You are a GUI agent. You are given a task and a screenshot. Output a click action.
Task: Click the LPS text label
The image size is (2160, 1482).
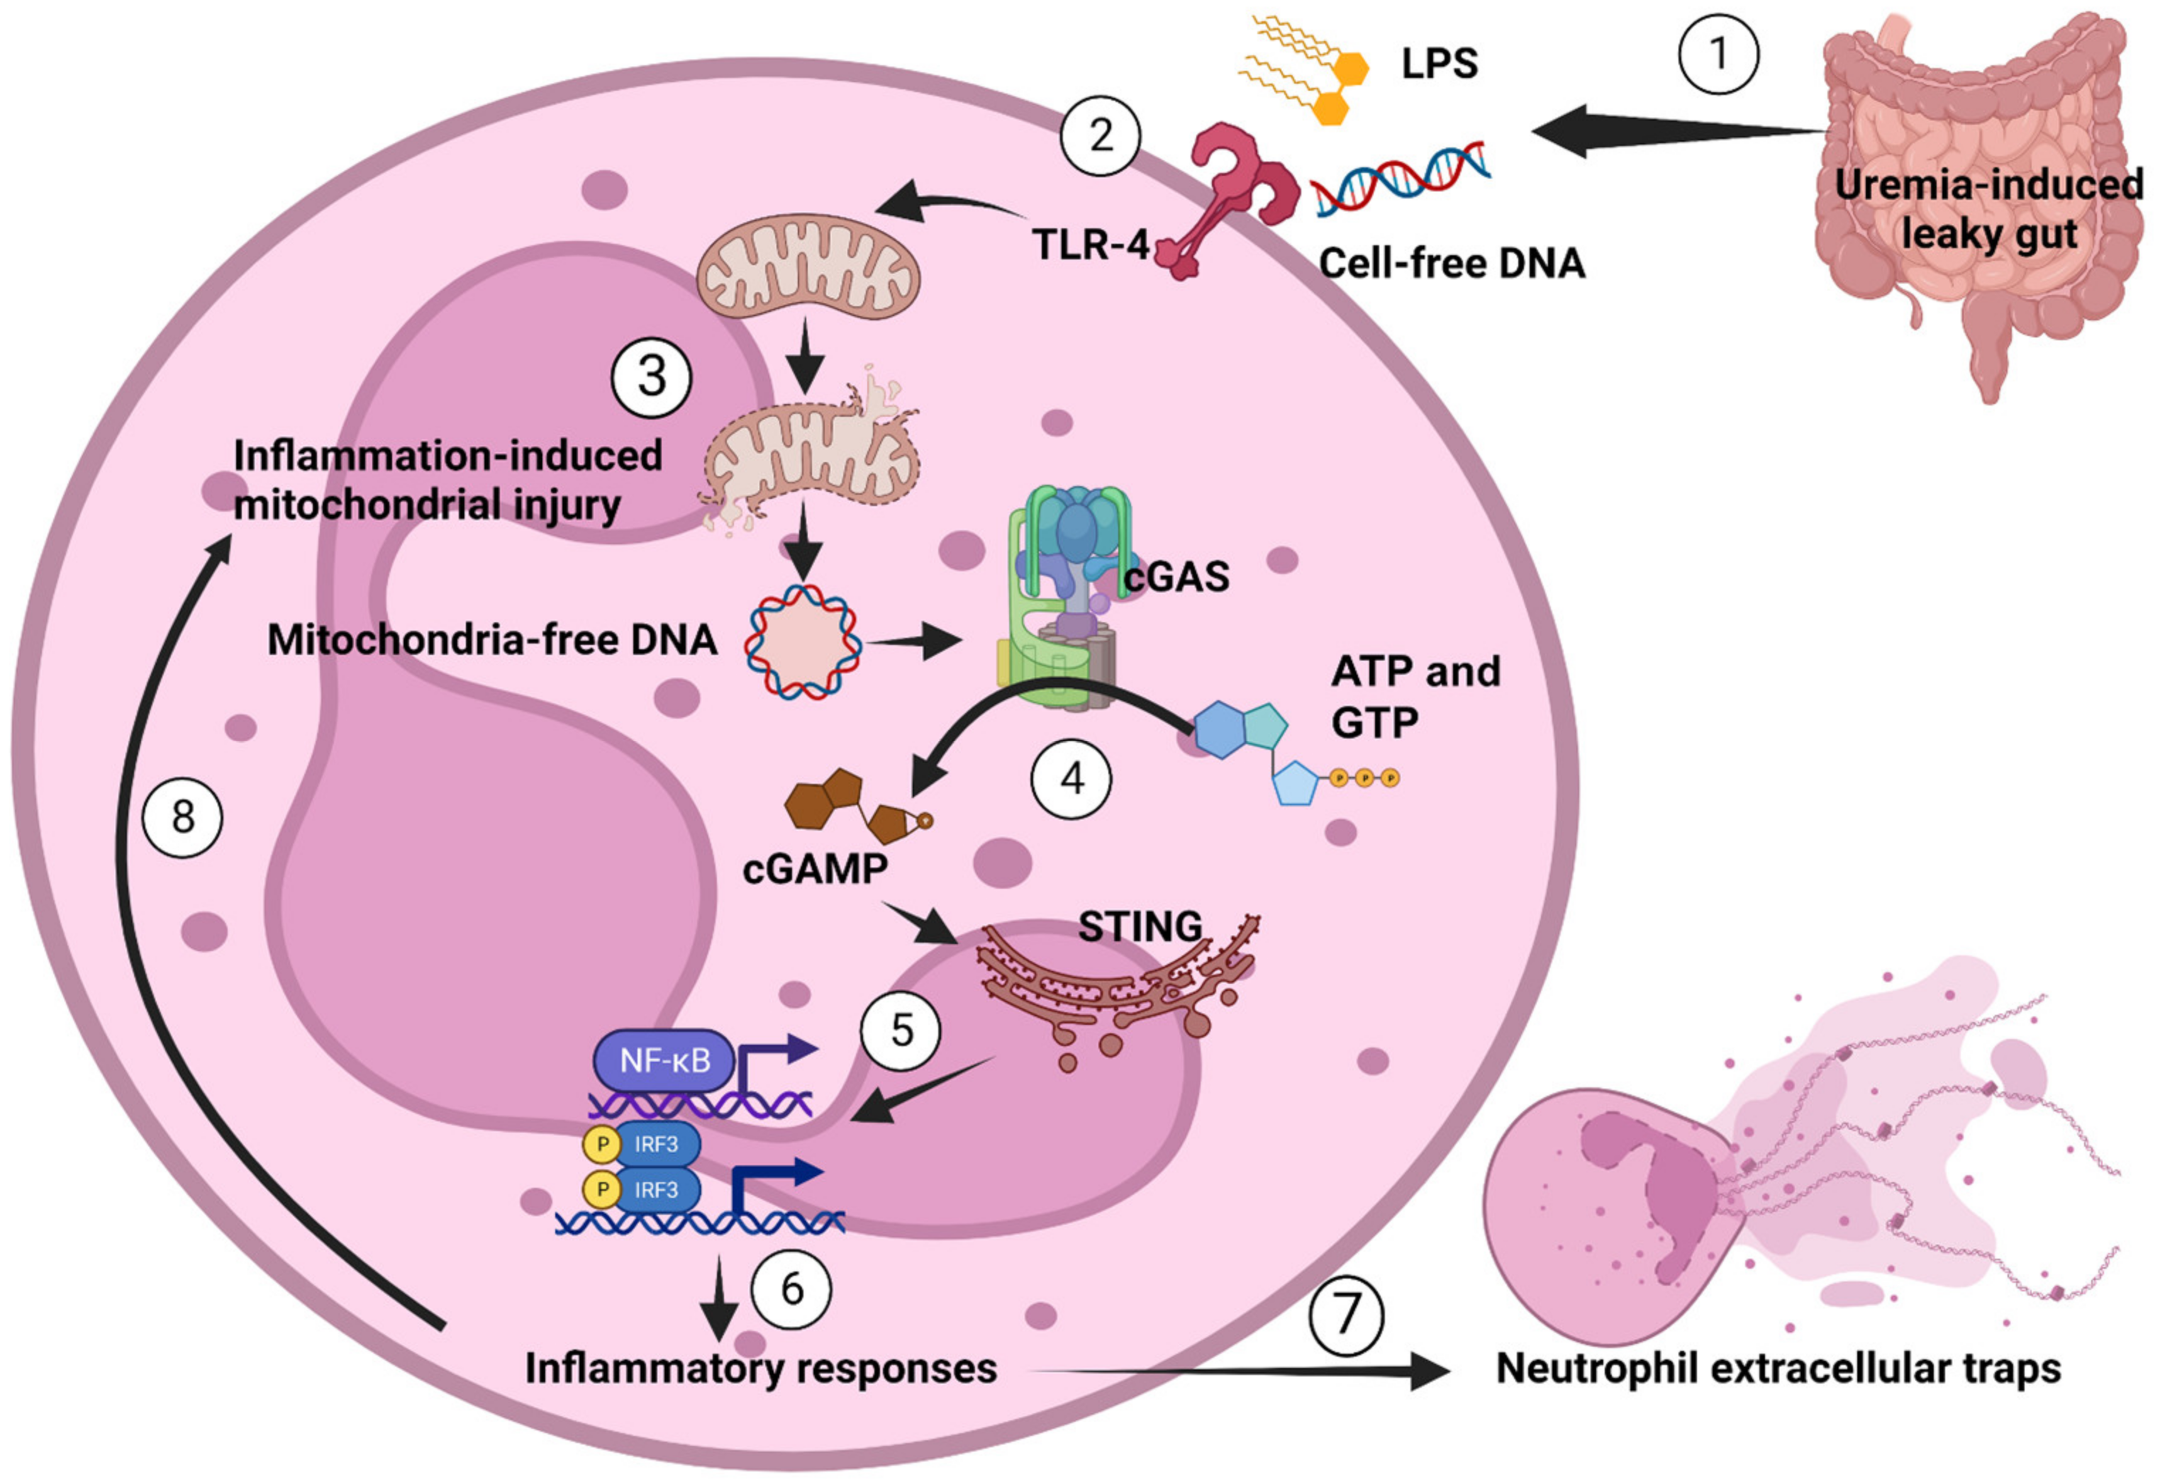(1439, 63)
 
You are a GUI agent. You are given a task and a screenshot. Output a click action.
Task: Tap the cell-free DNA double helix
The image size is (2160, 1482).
(1401, 179)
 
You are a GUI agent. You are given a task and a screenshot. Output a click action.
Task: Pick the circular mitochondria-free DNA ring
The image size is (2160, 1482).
(802, 641)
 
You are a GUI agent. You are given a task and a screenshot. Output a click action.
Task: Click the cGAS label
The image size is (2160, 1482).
(1176, 576)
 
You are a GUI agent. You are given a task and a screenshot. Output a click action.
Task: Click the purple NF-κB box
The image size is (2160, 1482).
(664, 1060)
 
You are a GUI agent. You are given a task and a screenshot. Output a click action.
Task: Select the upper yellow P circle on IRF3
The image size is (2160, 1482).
(602, 1144)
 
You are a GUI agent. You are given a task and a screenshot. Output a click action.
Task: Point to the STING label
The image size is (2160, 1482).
(1140, 926)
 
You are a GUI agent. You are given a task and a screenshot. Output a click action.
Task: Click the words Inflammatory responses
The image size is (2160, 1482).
(760, 1368)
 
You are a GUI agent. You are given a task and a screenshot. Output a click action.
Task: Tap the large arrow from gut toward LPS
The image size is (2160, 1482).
(1673, 132)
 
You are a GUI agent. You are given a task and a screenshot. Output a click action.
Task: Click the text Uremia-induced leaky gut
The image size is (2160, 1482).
(1989, 209)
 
